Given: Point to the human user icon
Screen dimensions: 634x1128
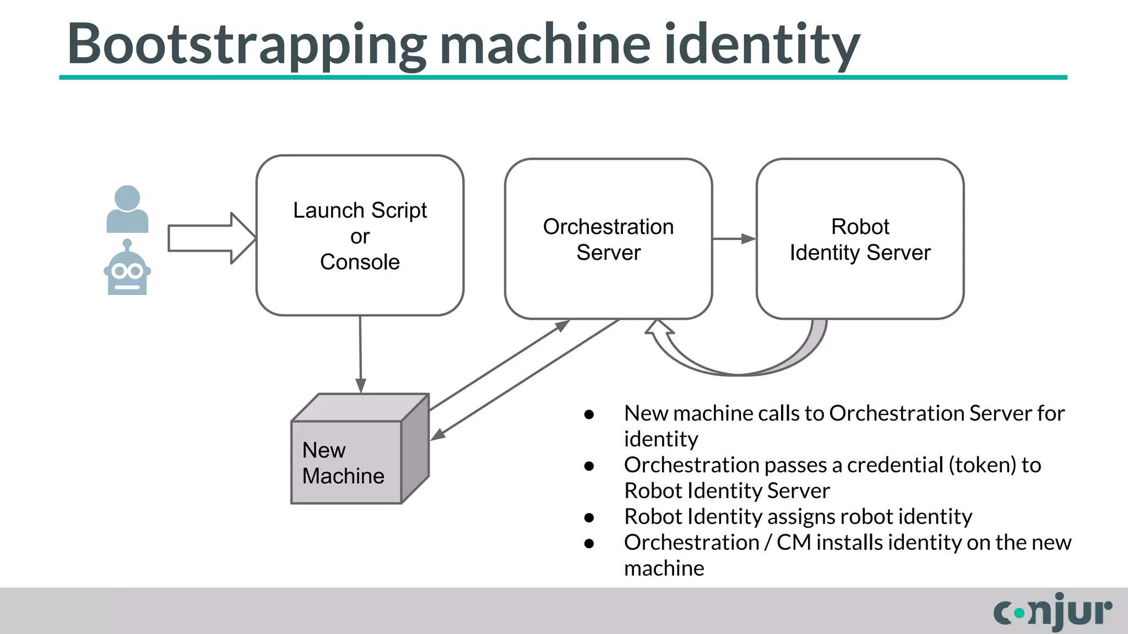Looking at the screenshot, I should pos(127,210).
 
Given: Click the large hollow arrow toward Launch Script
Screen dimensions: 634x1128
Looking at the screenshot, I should pos(209,238).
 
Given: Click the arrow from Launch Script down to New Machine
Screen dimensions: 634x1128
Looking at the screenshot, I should pos(360,355).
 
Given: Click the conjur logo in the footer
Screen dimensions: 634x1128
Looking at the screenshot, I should pos(1053,611).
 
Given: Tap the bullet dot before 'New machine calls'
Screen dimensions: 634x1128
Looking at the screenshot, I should pos(589,414).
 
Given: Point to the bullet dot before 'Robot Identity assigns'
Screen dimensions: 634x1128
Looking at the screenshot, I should pos(589,518).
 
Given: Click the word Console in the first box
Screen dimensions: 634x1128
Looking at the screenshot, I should pos(360,262).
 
